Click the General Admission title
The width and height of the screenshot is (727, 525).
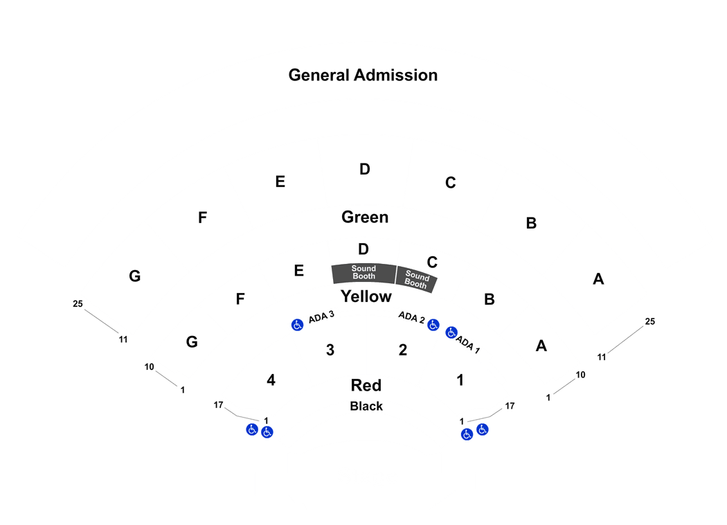[x=363, y=75]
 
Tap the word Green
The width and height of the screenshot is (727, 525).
[x=365, y=217]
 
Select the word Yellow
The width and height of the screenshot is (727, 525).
[x=366, y=296]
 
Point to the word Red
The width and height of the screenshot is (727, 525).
[x=366, y=385]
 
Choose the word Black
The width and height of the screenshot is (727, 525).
[x=366, y=407]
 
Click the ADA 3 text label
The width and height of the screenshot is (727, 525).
[x=321, y=317]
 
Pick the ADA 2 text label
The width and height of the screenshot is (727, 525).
[x=411, y=317]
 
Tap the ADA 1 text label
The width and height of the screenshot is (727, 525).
[x=468, y=344]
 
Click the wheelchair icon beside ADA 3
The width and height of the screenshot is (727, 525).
[x=297, y=325]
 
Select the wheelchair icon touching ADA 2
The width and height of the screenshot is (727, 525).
[x=433, y=325]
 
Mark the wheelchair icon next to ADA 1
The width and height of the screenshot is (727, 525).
[x=451, y=332]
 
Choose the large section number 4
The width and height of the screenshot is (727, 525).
[x=271, y=380]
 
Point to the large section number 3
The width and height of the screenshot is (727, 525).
[x=330, y=350]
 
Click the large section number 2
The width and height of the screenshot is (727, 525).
[x=403, y=350]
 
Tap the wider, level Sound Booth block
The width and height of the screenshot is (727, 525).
[x=364, y=273]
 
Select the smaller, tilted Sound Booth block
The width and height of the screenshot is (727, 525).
[x=416, y=279]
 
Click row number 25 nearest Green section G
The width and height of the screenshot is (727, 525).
[x=78, y=304]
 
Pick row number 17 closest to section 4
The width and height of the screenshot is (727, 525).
[x=218, y=405]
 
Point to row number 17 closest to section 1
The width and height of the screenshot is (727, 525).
[x=510, y=406]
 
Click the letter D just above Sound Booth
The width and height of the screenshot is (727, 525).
[x=363, y=249]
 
